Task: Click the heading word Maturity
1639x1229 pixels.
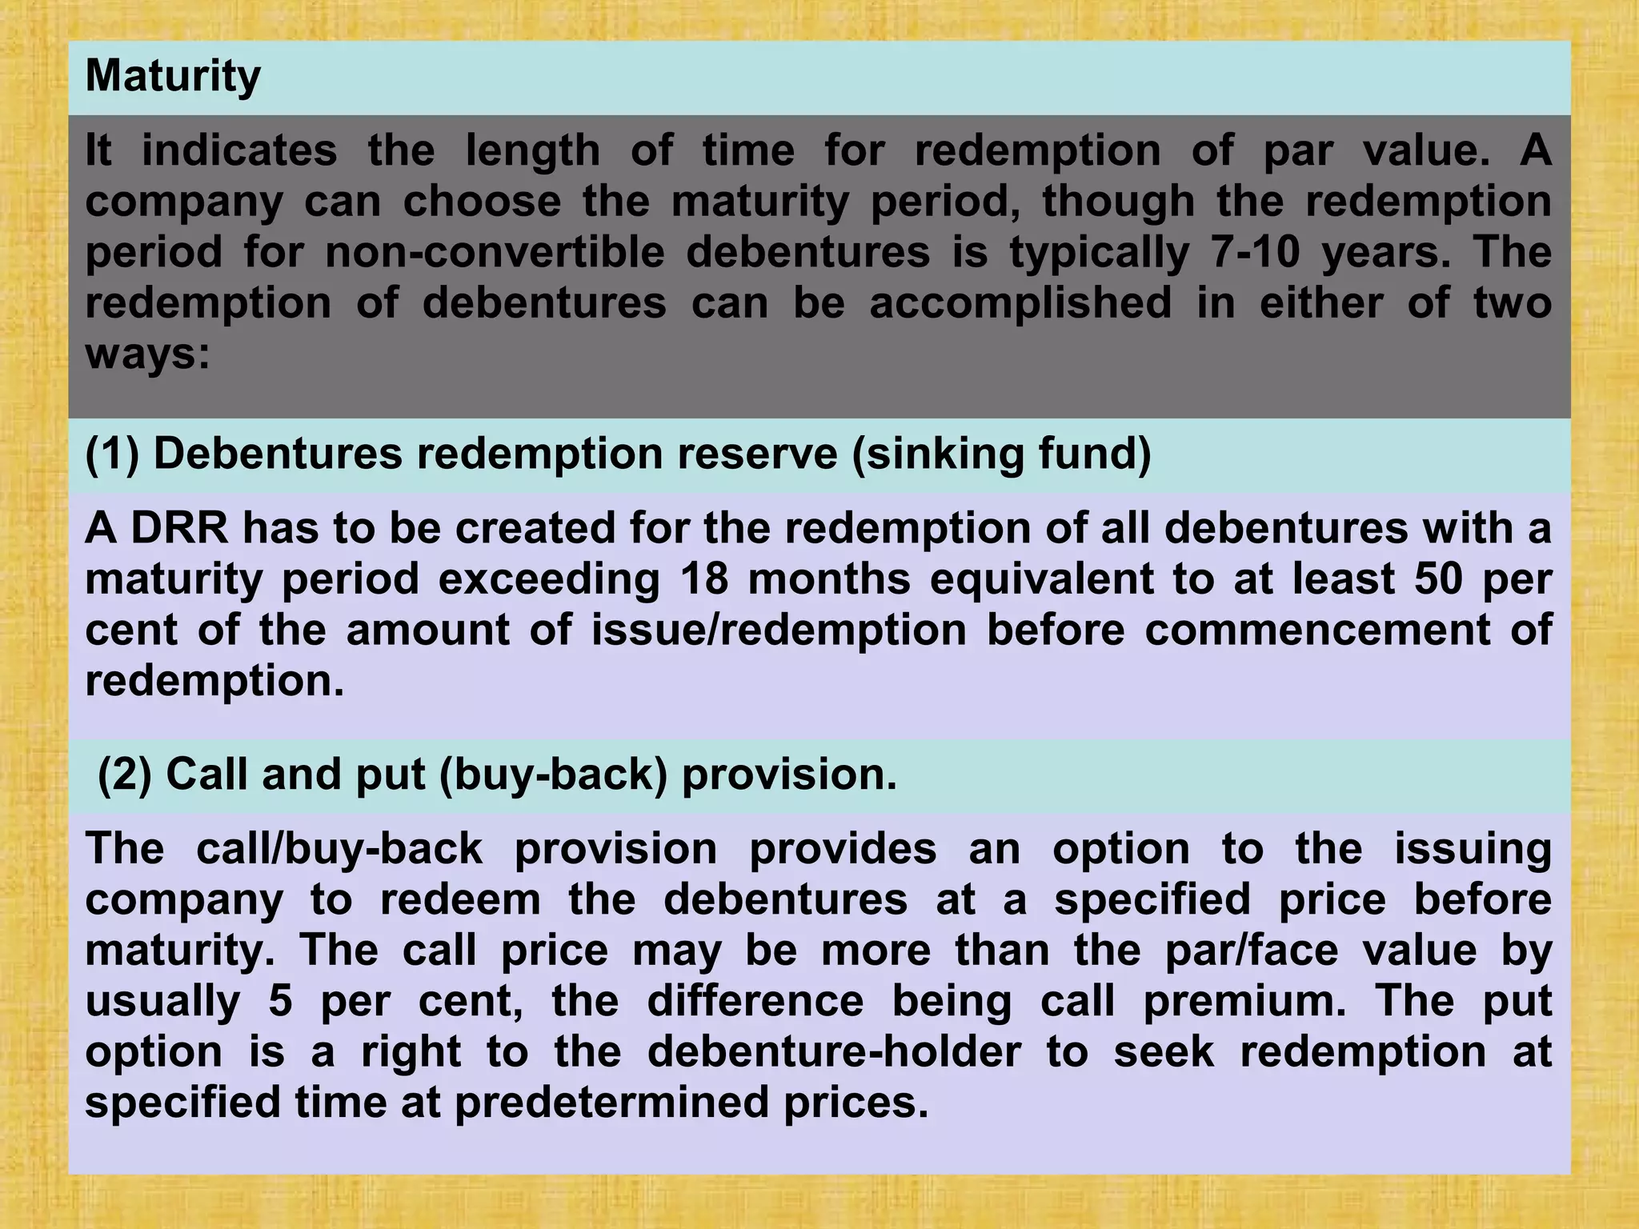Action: (x=173, y=77)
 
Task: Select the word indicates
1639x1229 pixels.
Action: (x=239, y=150)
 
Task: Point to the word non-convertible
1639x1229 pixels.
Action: (x=495, y=252)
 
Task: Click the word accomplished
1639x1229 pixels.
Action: (x=1020, y=303)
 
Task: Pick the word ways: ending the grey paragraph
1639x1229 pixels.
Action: (x=147, y=354)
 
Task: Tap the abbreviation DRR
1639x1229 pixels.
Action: (x=179, y=528)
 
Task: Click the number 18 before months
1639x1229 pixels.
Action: (x=704, y=578)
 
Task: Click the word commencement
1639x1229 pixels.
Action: (x=1317, y=630)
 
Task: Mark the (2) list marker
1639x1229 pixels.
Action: (x=124, y=775)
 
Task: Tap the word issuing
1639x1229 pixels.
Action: (x=1473, y=848)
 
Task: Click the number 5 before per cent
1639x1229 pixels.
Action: (x=280, y=1001)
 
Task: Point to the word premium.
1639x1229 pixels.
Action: (x=1244, y=1001)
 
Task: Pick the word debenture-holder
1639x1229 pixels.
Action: (x=834, y=1051)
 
